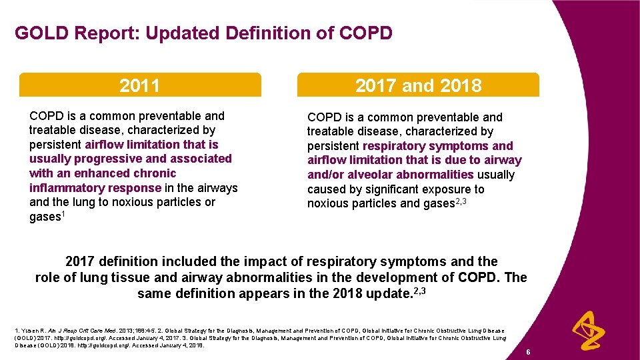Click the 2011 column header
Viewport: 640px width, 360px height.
(x=139, y=85)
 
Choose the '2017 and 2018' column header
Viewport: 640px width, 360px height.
(x=418, y=85)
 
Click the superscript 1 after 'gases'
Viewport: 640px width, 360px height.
(x=63, y=214)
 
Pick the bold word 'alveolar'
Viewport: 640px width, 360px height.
(x=366, y=175)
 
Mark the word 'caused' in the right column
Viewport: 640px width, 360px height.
(x=326, y=189)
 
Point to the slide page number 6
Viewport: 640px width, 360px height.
(x=527, y=352)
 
